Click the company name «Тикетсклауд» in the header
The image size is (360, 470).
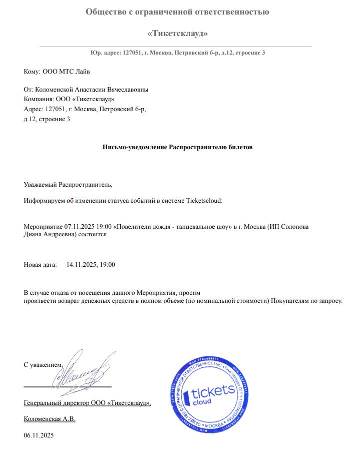tap(178, 34)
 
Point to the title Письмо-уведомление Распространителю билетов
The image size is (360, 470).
tap(178, 148)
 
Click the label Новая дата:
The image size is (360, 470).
tap(41, 264)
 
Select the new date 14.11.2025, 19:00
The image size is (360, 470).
tap(91, 264)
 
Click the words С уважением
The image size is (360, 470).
tap(43, 365)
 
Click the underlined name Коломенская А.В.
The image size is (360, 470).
tap(50, 419)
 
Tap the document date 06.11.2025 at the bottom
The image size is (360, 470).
tap(39, 435)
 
